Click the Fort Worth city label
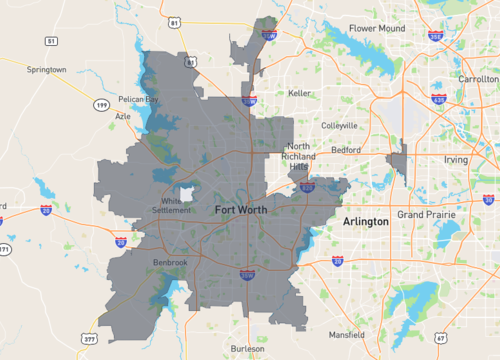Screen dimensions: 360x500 (241, 210)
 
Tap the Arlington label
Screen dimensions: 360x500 (365, 220)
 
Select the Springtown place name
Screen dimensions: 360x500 (46, 69)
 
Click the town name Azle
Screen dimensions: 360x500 (123, 115)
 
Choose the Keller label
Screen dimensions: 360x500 (299, 93)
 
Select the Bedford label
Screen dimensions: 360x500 (346, 149)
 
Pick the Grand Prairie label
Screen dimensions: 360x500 (425, 215)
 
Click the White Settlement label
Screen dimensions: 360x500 (180, 205)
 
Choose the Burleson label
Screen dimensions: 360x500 (247, 349)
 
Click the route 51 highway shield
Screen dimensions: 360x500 (50, 41)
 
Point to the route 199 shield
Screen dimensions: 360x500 (100, 103)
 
